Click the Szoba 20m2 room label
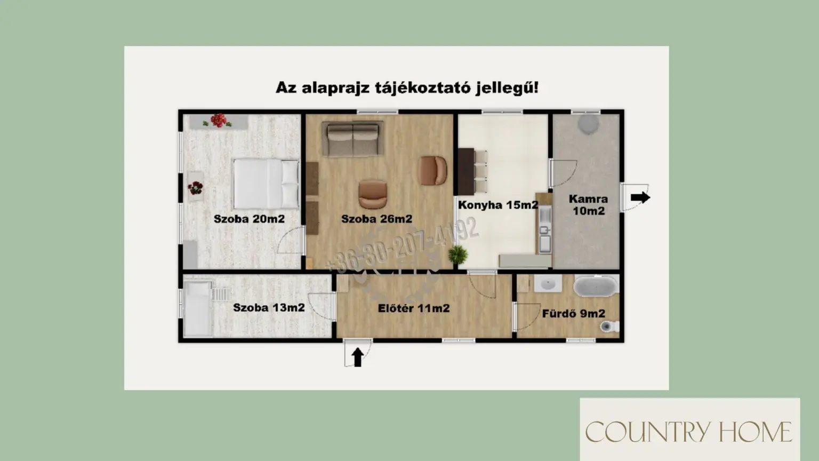pyautogui.click(x=249, y=219)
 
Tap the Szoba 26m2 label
pyautogui.click(x=376, y=219)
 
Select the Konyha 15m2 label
pyautogui.click(x=498, y=205)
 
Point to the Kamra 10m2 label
pyautogui.click(x=588, y=205)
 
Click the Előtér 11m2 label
pyautogui.click(x=414, y=308)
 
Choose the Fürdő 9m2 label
pyautogui.click(x=573, y=314)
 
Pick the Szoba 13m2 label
pyautogui.click(x=269, y=307)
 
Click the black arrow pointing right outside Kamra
pyautogui.click(x=640, y=197)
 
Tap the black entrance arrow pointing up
pyautogui.click(x=358, y=357)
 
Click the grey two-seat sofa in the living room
pyautogui.click(x=353, y=139)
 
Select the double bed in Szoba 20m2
pyautogui.click(x=266, y=184)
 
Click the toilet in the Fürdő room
pyautogui.click(x=609, y=326)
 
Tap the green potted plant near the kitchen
pyautogui.click(x=458, y=255)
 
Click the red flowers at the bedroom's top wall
pyautogui.click(x=218, y=121)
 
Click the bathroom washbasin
pyautogui.click(x=548, y=284)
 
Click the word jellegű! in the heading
pyautogui.click(x=507, y=88)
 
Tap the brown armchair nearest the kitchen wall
pyautogui.click(x=433, y=171)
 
